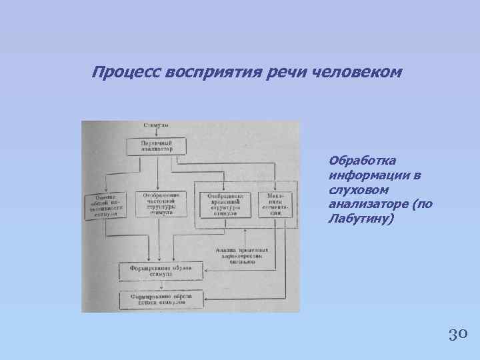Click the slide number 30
point(457,333)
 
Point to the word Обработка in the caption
point(362,161)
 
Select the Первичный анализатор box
point(156,146)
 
